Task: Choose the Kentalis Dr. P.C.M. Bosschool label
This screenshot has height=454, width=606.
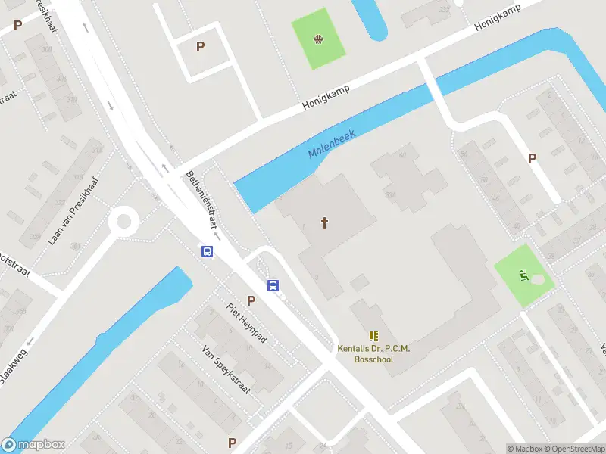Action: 373,354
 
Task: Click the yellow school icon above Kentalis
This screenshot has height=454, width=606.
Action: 373,335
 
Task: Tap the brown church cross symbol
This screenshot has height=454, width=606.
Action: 325,222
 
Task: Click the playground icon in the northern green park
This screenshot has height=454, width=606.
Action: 319,37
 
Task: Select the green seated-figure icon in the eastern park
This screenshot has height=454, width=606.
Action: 523,275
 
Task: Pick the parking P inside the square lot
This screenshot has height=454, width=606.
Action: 200,47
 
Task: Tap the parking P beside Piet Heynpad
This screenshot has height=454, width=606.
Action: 251,300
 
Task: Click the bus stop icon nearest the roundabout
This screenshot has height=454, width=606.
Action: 206,252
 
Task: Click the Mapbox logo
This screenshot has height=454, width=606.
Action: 33,445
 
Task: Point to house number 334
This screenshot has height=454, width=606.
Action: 391,194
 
